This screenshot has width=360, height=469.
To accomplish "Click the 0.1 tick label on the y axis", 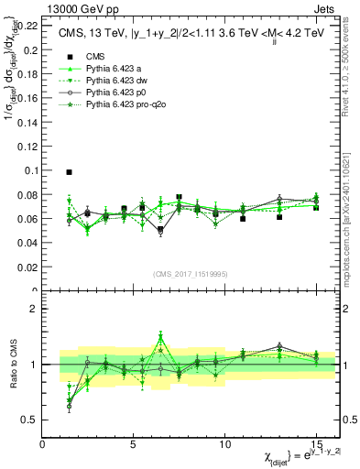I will coord(30,170).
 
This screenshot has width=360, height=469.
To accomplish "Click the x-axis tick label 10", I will coord(224,443).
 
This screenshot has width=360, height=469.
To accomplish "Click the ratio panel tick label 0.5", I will coord(29,420).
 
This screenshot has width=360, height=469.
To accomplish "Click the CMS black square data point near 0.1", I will coord(70,172).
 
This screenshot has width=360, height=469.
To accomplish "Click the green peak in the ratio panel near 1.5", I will coord(160,335).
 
